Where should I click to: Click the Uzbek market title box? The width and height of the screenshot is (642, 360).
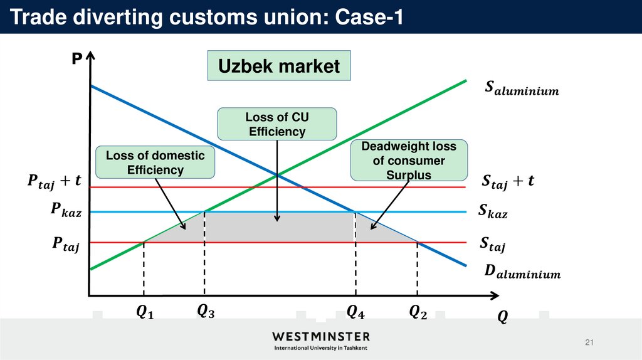(x=279, y=66)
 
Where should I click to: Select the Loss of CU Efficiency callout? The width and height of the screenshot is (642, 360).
(x=276, y=124)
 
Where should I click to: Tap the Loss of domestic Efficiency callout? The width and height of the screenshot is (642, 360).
(x=155, y=162)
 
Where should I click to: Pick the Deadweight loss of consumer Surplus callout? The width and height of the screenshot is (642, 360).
(x=409, y=161)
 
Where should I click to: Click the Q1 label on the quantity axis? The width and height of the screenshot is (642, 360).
(x=144, y=312)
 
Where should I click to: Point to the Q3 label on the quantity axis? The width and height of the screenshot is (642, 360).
(x=205, y=310)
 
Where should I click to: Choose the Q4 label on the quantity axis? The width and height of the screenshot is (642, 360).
(x=355, y=311)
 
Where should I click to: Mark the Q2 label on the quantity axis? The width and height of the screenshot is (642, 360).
(x=418, y=311)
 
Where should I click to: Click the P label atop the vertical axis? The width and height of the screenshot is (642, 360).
(x=76, y=60)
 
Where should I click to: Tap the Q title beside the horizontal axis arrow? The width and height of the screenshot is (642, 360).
(x=502, y=317)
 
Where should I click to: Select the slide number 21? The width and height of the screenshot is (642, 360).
(x=588, y=342)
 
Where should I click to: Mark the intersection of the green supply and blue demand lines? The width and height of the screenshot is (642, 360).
(x=276, y=176)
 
